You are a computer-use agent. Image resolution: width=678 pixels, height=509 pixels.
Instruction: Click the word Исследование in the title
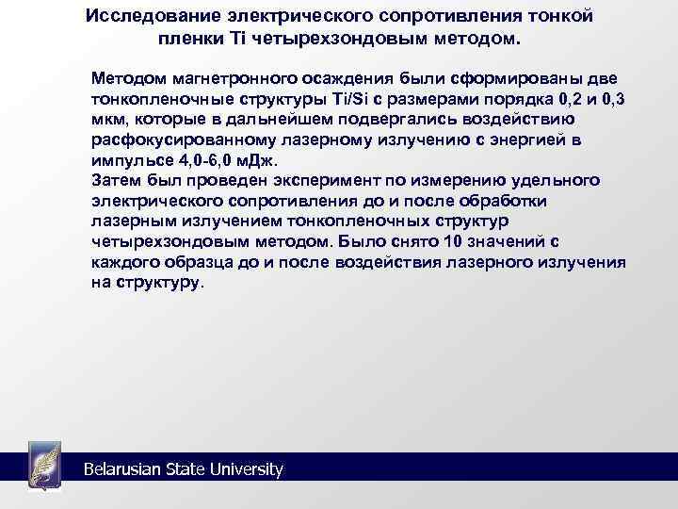(143, 18)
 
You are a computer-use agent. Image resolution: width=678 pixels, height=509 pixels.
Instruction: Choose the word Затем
(115, 181)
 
